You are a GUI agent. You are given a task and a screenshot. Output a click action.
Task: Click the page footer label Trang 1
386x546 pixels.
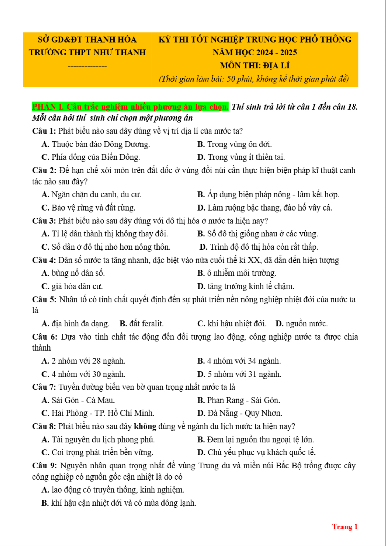tap(345, 527)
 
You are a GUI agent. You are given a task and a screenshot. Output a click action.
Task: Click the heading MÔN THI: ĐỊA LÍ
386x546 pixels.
tap(255, 66)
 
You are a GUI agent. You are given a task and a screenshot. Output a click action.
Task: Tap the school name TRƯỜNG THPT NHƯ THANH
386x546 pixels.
tap(87, 52)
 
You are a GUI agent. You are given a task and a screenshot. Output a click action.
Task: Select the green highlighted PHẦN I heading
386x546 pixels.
tap(130, 107)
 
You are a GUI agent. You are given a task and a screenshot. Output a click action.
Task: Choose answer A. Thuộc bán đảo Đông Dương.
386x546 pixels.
tap(96, 144)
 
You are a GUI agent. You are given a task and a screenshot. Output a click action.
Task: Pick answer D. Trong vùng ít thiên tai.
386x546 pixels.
tap(241, 157)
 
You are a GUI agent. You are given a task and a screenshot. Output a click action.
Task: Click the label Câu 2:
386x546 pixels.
tap(44, 170)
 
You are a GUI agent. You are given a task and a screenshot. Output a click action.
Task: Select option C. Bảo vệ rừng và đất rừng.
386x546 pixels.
tap(88, 208)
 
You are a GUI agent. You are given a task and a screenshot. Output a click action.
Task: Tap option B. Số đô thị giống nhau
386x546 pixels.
tap(258, 234)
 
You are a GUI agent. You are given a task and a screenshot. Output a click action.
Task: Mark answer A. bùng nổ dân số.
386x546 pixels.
tap(73, 273)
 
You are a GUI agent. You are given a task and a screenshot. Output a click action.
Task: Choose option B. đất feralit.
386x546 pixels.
tap(141, 324)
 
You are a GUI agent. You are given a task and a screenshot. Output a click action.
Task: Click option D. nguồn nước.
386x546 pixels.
tap(302, 324)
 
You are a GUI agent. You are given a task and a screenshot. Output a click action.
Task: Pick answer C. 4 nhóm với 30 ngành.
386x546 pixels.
tap(83, 374)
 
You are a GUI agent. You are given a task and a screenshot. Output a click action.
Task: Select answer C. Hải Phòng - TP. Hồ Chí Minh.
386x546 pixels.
tap(98, 413)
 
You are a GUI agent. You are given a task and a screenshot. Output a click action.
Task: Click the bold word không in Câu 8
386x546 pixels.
tap(145, 426)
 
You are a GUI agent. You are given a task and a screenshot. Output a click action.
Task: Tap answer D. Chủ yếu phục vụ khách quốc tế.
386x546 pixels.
tap(256, 452)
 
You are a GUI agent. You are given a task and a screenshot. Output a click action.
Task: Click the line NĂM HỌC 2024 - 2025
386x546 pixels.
tap(255, 52)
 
